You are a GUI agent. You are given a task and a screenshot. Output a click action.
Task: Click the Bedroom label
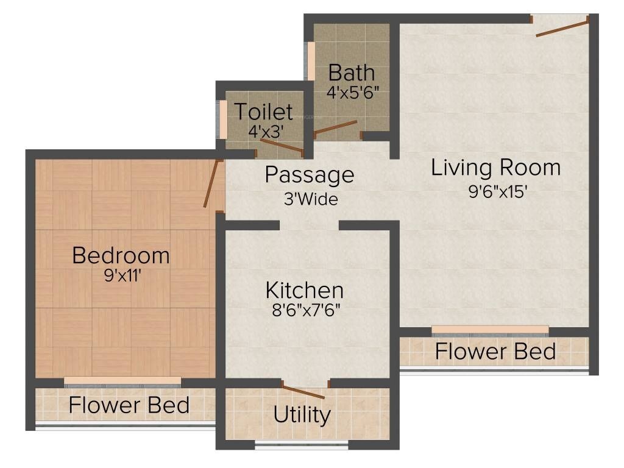pyautogui.click(x=121, y=255)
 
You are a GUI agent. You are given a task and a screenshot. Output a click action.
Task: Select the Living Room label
pyautogui.click(x=495, y=167)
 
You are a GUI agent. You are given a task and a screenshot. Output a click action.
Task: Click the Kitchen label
pyautogui.click(x=305, y=289)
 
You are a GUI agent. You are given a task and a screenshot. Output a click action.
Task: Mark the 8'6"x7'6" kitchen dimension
pyautogui.click(x=305, y=310)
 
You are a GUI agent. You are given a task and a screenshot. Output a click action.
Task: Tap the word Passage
pyautogui.click(x=309, y=175)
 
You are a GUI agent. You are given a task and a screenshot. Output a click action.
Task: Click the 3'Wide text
pyautogui.click(x=311, y=199)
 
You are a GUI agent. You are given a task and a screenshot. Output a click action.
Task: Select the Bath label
pyautogui.click(x=352, y=73)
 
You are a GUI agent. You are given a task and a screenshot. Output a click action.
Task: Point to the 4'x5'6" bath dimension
pyautogui.click(x=353, y=93)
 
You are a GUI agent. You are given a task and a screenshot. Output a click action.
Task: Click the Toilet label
pyautogui.click(x=263, y=112)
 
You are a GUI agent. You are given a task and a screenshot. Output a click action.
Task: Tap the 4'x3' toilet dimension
pyautogui.click(x=266, y=130)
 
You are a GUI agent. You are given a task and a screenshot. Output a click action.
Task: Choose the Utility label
pyautogui.click(x=302, y=415)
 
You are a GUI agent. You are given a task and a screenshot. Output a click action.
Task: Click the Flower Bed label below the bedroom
pyautogui.click(x=129, y=405)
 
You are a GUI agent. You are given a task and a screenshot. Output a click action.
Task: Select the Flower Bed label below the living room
pyautogui.click(x=495, y=352)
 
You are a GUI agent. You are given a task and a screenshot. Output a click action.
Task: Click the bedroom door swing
pyautogui.click(x=211, y=183)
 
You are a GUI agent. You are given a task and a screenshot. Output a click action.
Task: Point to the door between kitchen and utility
pyautogui.click(x=303, y=391)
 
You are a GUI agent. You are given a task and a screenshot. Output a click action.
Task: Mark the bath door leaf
pyautogui.click(x=335, y=128)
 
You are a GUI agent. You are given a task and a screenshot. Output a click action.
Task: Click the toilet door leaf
pyautogui.click(x=281, y=146)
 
